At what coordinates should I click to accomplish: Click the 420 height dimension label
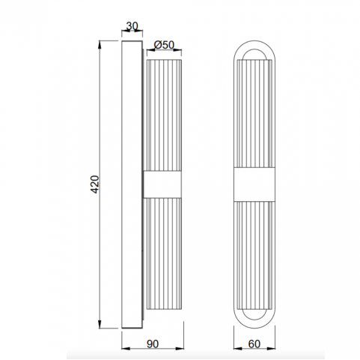point(95,184)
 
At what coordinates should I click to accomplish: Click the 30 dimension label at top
point(132,26)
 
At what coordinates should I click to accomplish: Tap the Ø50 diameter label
point(164,45)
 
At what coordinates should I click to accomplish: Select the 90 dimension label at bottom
point(153,344)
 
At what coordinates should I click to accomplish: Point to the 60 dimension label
point(254,344)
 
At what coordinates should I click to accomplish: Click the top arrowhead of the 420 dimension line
point(100,44)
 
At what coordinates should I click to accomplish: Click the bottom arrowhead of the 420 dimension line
point(100,324)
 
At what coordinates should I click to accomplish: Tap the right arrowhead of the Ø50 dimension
point(178,50)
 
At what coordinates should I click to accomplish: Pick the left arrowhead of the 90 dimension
point(125,348)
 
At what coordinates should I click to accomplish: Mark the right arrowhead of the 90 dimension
point(180,348)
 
